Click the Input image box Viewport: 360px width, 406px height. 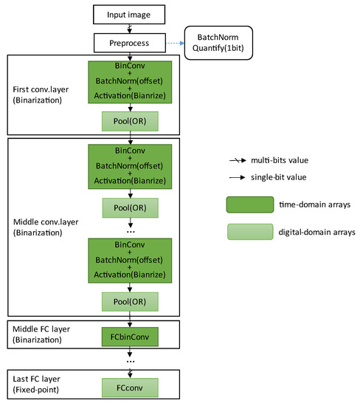(130, 13)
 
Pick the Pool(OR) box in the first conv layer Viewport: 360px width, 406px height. (130, 120)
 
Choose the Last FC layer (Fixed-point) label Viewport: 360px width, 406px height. (38, 382)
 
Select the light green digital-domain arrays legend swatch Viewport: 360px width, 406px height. (250, 232)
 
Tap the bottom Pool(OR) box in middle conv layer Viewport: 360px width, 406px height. (130, 301)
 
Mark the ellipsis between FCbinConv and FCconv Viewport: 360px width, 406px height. (130, 361)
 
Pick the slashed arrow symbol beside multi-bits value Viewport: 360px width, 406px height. (238, 159)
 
